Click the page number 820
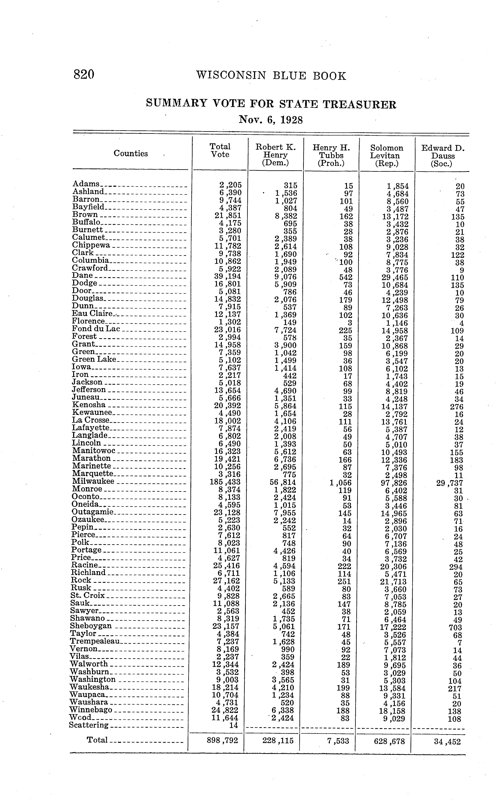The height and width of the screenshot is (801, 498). (84, 74)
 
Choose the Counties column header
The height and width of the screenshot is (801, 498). (131, 153)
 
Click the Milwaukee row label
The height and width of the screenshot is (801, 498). (93, 481)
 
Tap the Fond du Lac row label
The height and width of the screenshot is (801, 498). (96, 329)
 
